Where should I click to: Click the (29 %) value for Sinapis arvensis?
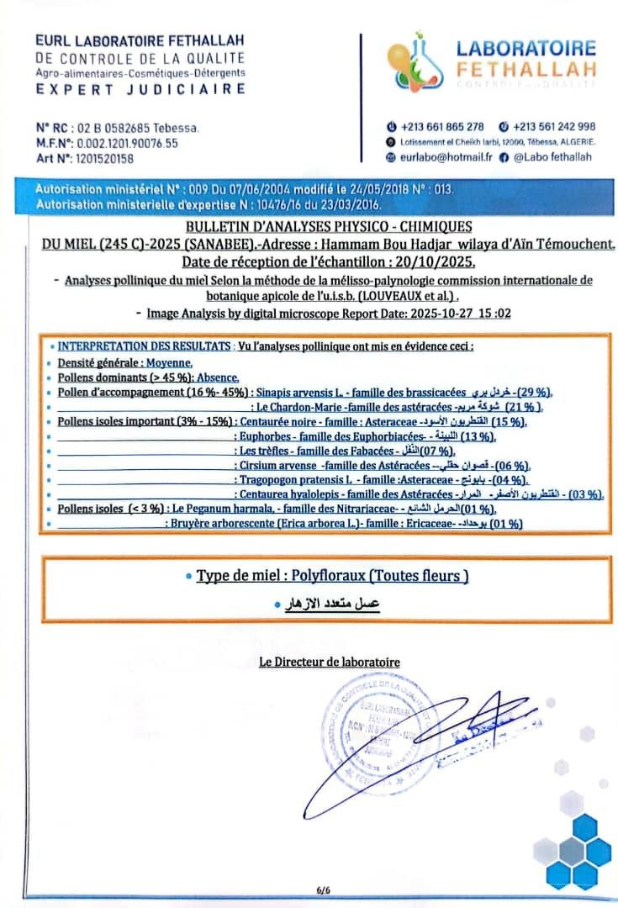[x=533, y=393]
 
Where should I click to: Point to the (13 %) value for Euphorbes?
[x=474, y=436]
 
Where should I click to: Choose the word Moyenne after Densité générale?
[x=169, y=363]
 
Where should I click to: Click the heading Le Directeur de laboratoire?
[x=329, y=663]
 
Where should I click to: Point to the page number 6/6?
[x=324, y=890]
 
